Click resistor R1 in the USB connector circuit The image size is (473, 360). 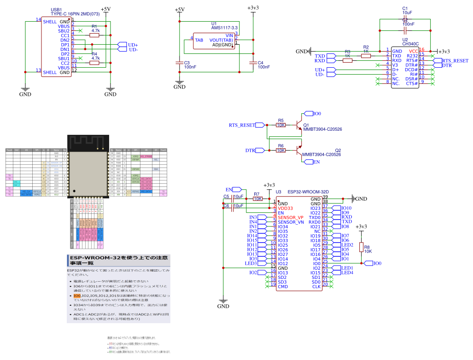(x=94, y=35)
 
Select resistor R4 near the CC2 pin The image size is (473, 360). (x=94, y=63)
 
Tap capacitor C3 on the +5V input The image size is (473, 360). (x=180, y=63)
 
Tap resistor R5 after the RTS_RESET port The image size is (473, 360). (x=281, y=125)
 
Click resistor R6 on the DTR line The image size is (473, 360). (x=281, y=151)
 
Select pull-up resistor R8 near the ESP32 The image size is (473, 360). (x=361, y=247)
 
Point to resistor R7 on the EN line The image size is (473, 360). (x=258, y=199)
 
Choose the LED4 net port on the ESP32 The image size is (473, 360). (x=347, y=273)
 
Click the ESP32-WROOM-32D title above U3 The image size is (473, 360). (x=304, y=192)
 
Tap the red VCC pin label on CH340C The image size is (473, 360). (x=413, y=51)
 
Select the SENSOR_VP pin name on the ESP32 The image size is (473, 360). (x=290, y=217)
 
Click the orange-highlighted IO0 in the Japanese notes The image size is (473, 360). (x=70, y=296)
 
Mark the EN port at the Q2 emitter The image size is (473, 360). (x=315, y=162)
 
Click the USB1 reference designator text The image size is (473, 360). (x=57, y=9)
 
